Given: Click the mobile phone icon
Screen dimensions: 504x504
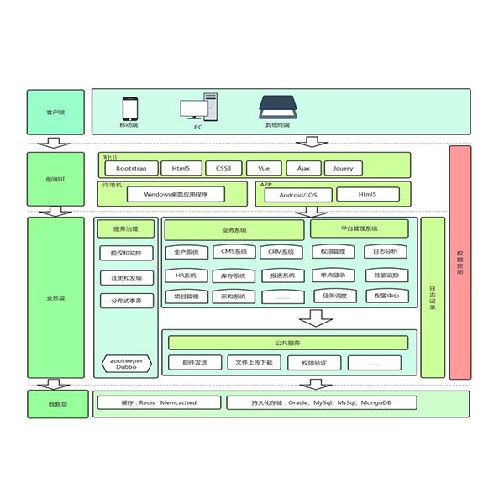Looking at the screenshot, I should pyautogui.click(x=129, y=109).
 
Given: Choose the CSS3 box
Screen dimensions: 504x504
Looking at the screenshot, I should pyautogui.click(x=223, y=168).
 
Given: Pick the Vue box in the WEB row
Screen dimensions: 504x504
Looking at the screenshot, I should pyautogui.click(x=263, y=168).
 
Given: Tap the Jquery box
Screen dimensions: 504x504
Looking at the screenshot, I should pyautogui.click(x=344, y=168).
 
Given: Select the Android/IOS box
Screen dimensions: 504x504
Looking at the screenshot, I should pyautogui.click(x=298, y=195).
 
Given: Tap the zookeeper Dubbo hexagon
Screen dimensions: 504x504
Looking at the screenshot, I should pyautogui.click(x=126, y=362).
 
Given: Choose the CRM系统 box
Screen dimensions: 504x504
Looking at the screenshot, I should pyautogui.click(x=281, y=252).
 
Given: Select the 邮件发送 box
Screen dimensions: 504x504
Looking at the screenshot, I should pyautogui.click(x=195, y=362).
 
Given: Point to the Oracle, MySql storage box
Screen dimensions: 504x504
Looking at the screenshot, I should pyautogui.click(x=321, y=403).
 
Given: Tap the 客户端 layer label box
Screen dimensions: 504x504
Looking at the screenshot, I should pyautogui.click(x=55, y=112).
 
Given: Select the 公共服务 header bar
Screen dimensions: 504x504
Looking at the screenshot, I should pyautogui.click(x=289, y=343).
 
